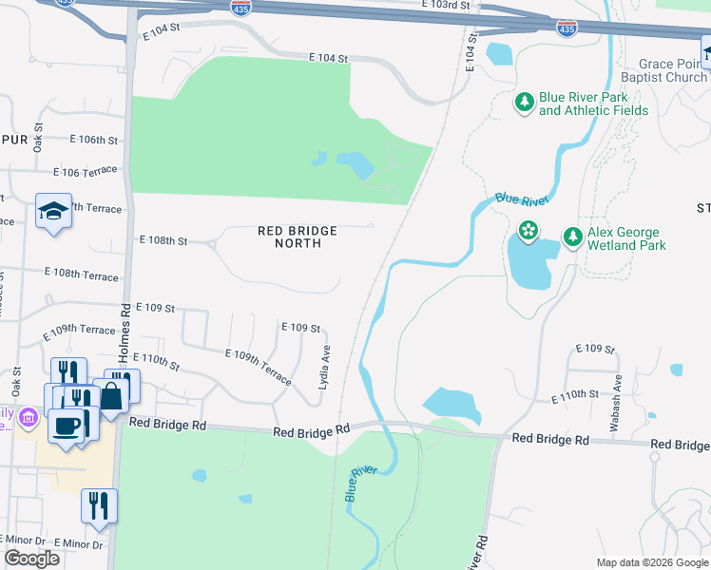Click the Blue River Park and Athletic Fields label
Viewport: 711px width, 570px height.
click(593, 104)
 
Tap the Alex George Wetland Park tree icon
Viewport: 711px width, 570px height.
click(572, 237)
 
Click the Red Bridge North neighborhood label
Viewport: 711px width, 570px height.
click(298, 237)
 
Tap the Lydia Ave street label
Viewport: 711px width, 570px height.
click(324, 366)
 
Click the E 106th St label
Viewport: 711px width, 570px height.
click(94, 140)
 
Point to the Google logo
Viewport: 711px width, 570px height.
click(32, 559)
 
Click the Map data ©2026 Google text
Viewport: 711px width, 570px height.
click(651, 562)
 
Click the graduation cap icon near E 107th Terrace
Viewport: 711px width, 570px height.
click(54, 211)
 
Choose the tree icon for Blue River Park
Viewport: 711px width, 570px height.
click(524, 101)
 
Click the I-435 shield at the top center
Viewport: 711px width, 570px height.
click(241, 8)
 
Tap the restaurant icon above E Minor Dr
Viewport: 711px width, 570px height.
click(98, 505)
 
